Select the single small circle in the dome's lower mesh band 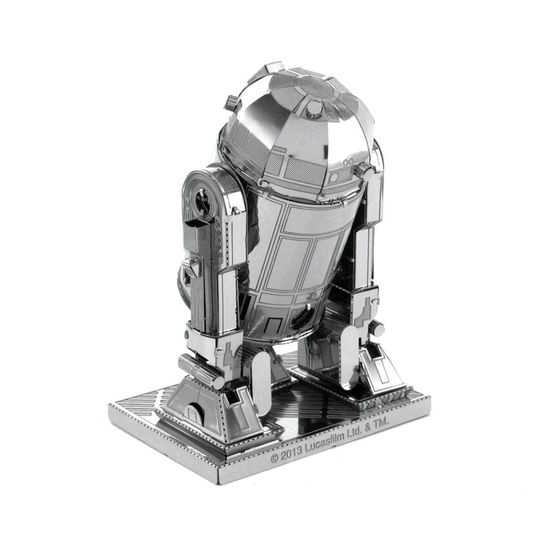[x=334, y=177]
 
